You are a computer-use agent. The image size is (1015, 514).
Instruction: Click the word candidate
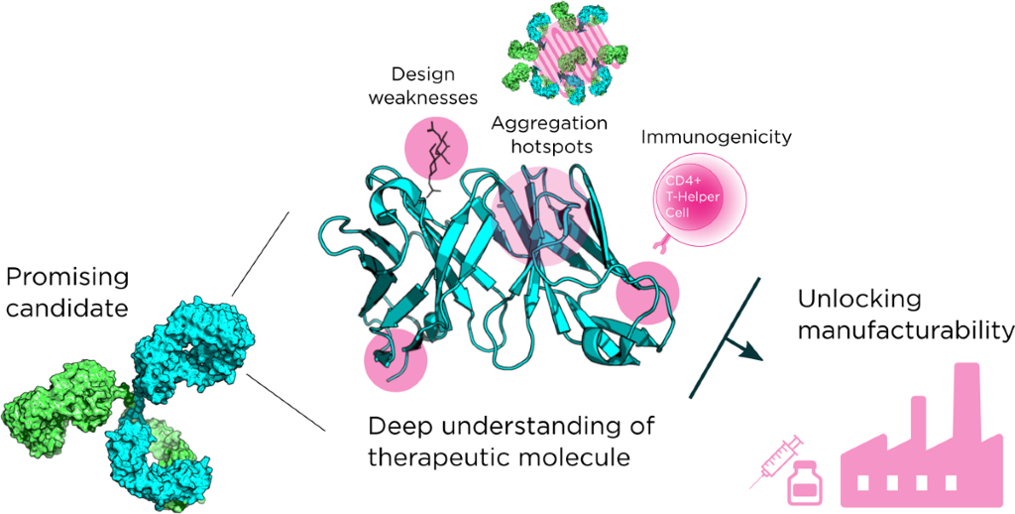coord(64,308)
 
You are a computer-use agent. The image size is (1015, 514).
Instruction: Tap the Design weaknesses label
coord(434,85)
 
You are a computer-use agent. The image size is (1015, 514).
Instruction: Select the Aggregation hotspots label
coord(550,134)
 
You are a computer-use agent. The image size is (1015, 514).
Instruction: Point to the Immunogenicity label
coord(717,137)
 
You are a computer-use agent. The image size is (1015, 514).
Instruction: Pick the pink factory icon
coord(912,447)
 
